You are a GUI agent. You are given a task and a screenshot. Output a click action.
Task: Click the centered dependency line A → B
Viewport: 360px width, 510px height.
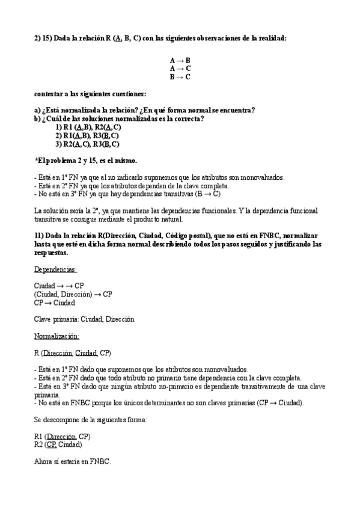pos(180,61)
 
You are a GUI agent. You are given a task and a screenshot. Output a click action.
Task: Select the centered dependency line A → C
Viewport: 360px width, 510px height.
pos(180,69)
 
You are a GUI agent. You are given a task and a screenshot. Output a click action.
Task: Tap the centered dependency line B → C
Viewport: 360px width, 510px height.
pos(180,76)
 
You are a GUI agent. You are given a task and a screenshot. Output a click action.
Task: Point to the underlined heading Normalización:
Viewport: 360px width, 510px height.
pos(57,336)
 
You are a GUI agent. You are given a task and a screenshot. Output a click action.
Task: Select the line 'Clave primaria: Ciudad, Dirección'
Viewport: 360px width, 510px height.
pos(84,319)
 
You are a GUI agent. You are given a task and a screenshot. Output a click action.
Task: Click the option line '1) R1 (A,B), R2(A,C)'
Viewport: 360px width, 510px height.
pos(88,127)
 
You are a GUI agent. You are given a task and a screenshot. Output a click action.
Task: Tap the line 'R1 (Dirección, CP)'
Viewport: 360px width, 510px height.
pos(63,435)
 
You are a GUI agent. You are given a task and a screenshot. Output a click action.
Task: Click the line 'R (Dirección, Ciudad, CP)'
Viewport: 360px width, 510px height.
pos(73,352)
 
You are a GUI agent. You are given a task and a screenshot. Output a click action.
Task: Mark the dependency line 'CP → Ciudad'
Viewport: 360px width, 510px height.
pos(55,303)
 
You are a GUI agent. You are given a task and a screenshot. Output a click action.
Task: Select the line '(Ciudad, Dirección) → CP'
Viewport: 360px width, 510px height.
pos(73,294)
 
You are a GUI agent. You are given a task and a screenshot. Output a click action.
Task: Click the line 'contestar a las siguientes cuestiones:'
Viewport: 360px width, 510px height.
pos(90,94)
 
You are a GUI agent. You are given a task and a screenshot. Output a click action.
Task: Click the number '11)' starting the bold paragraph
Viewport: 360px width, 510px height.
pos(39,236)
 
